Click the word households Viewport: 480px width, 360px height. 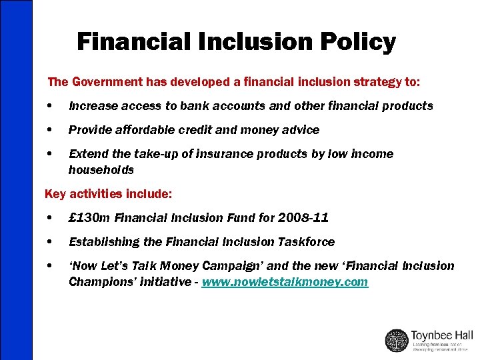(101, 170)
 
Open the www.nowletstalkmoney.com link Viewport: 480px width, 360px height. (285, 282)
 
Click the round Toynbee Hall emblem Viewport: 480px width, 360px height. (397, 340)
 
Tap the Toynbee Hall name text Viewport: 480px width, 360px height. (441, 335)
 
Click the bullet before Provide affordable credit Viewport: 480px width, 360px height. (51, 130)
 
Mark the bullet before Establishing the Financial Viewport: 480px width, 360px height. (51, 242)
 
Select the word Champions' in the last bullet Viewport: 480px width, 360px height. (99, 282)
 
